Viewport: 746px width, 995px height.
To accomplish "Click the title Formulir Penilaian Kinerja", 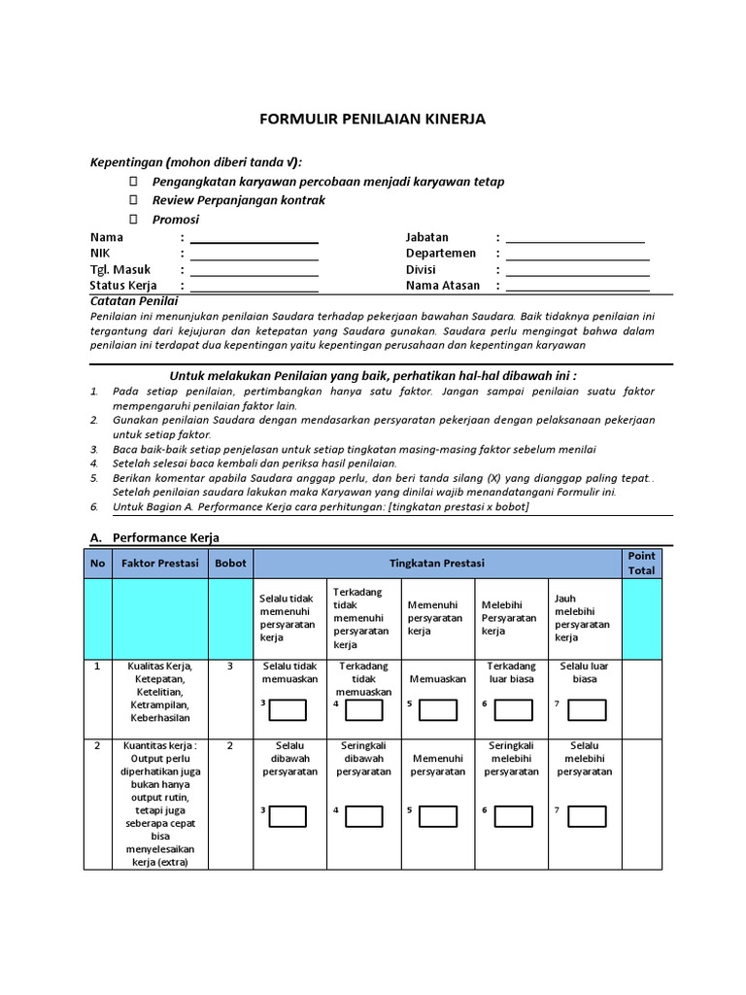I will (x=372, y=120).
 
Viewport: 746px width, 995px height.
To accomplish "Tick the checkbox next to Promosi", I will (x=135, y=220).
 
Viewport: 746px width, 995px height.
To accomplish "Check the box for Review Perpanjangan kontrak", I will (x=135, y=200).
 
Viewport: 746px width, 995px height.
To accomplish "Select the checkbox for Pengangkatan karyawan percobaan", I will (x=135, y=182).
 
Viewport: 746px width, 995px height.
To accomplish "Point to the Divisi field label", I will (x=421, y=270).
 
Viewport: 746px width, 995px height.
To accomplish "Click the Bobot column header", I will (x=230, y=564).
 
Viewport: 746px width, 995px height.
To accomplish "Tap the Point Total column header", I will (x=641, y=564).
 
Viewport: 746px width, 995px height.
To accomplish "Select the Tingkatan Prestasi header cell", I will (x=436, y=564).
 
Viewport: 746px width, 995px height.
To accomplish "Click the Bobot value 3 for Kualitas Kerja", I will (x=230, y=667).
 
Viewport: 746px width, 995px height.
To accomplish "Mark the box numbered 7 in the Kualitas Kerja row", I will (x=587, y=710).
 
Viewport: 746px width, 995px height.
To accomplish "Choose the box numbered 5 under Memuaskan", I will (x=438, y=710).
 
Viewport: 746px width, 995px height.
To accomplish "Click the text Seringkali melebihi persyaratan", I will (x=511, y=758).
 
